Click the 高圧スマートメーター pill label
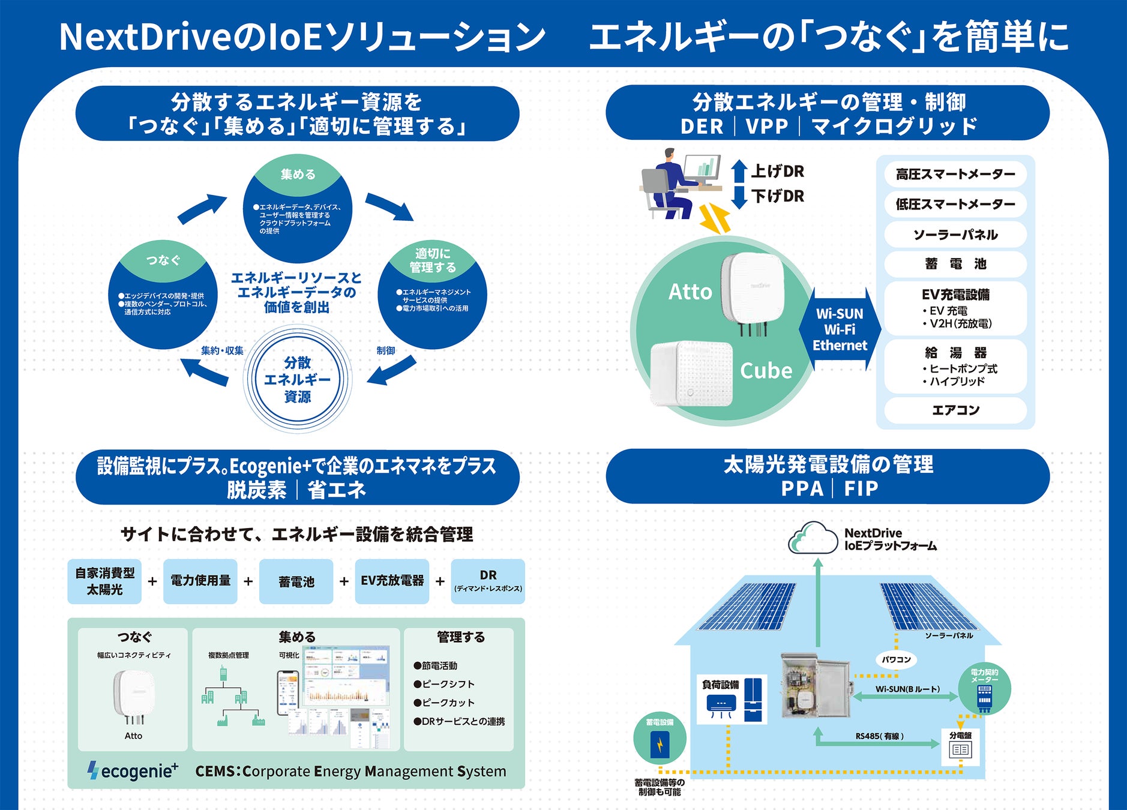point(955,175)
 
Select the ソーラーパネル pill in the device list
point(955,235)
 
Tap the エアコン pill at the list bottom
point(955,410)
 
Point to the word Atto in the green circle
point(690,292)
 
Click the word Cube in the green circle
point(766,371)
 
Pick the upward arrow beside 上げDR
point(739,172)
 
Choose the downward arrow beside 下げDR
point(739,197)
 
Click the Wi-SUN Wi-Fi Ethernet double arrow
point(840,329)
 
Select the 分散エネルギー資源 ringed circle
point(297,379)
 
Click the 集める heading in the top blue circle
point(298,175)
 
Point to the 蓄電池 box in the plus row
point(296,581)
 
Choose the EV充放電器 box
point(392,581)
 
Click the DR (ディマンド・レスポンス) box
point(488,581)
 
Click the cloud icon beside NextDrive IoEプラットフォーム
point(813,538)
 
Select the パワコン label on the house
point(896,659)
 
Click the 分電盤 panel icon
point(960,746)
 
